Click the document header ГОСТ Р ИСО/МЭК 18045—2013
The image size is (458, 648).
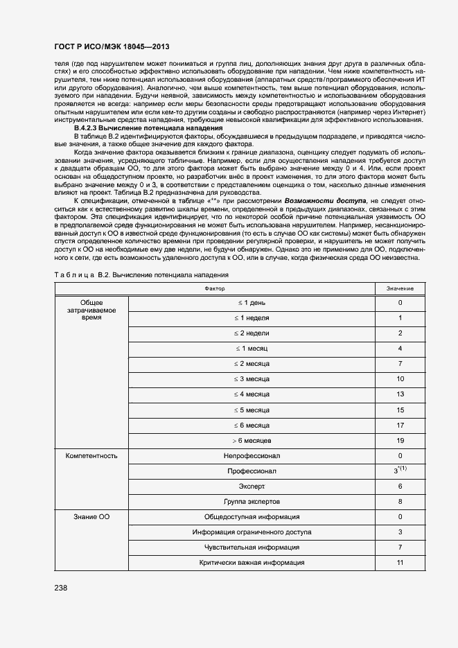[112, 46]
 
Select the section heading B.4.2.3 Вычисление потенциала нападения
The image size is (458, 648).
[148, 128]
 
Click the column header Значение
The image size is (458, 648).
[400, 287]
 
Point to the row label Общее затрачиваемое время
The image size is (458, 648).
[91, 310]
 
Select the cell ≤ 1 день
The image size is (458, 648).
[251, 302]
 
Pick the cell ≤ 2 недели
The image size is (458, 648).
[251, 333]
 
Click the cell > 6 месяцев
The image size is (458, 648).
[251, 440]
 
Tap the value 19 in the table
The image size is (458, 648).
[400, 440]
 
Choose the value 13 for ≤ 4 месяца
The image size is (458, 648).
[400, 394]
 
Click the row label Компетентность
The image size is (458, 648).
[91, 456]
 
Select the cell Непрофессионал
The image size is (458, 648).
[251, 456]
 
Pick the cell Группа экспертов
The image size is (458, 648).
[251, 501]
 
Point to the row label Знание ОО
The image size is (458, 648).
[91, 517]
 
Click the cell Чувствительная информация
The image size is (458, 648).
[251, 548]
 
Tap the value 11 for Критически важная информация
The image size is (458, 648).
[400, 563]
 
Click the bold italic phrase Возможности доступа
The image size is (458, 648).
[326, 220]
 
